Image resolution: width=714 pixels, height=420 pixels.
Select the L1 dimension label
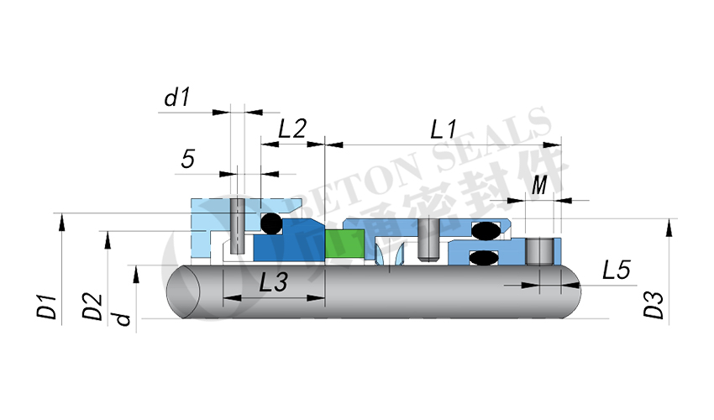(443, 129)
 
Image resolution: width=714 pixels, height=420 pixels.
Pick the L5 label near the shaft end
(616, 270)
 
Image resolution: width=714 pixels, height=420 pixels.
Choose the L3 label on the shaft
(273, 283)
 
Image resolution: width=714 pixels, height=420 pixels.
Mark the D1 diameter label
(47, 306)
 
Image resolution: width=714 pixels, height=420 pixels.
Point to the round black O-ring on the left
(270, 223)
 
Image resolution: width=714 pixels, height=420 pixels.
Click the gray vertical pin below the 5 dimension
(238, 225)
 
